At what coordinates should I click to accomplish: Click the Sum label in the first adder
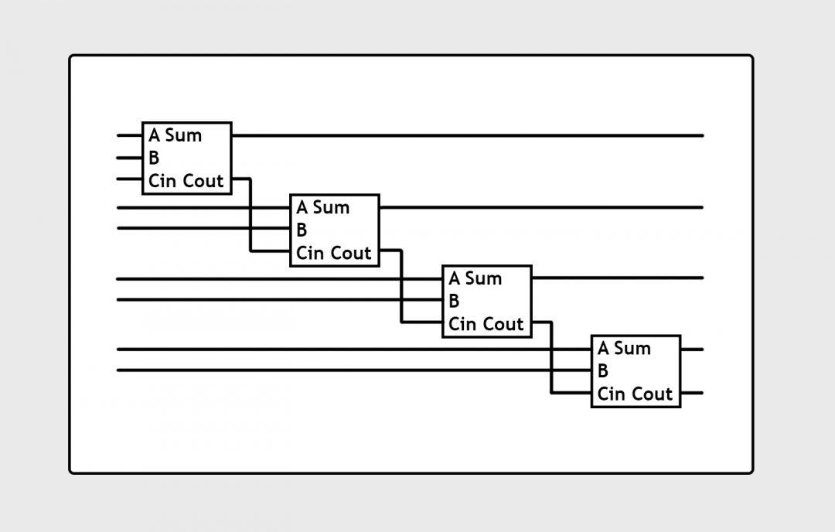[x=183, y=135]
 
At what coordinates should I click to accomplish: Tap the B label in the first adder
[x=154, y=159]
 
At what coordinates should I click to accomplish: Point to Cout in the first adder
[x=203, y=181]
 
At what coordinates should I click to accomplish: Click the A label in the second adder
[x=302, y=207]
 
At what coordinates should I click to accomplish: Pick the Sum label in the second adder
[x=331, y=207]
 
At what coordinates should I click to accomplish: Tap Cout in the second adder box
[x=351, y=253]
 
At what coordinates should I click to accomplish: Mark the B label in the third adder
[x=454, y=301]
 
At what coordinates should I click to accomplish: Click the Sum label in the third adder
[x=483, y=278]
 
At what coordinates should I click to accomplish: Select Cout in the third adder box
[x=503, y=324]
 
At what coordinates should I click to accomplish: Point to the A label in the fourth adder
[x=603, y=349]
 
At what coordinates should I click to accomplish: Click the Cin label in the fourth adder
[x=612, y=394]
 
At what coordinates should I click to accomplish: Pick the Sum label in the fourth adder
[x=632, y=349]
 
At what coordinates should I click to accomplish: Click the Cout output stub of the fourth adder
[x=692, y=393]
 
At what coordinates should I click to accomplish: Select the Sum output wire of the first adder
[x=464, y=135]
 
